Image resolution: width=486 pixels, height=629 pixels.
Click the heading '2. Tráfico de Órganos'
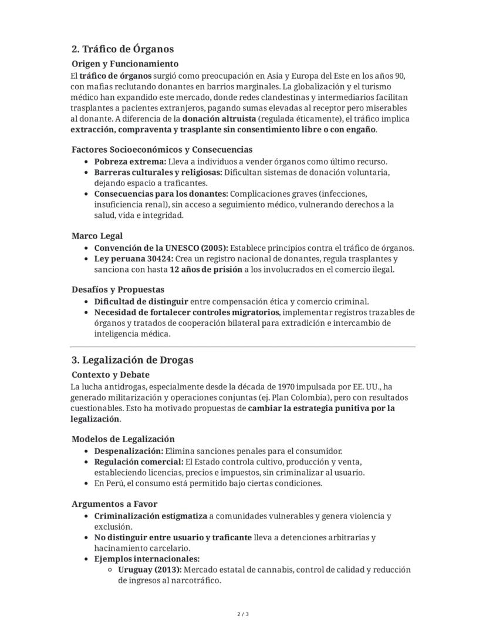122,49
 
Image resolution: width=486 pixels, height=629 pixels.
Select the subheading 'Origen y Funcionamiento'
124,63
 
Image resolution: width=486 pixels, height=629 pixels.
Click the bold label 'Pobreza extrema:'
130,162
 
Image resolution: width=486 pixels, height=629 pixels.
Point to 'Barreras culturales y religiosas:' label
158,172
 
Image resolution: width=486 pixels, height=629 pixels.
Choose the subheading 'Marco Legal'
97,236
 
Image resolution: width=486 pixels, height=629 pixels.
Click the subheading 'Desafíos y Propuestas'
117,290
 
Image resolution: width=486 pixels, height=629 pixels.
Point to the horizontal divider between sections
242,347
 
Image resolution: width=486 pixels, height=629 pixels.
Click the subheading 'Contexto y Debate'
110,375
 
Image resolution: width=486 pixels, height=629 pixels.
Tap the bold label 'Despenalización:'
129,451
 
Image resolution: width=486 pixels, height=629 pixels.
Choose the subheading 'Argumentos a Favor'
114,504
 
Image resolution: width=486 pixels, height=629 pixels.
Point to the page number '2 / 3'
243,614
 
